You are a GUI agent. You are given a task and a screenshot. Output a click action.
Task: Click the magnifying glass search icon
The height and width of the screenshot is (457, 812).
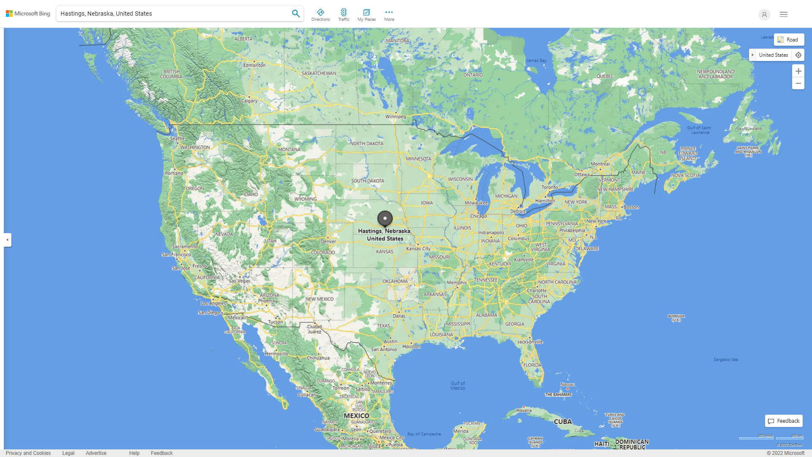(296, 14)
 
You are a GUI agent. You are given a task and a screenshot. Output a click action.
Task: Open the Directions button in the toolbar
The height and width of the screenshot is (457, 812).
(321, 15)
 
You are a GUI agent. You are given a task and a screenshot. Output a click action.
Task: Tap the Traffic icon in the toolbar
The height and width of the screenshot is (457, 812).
(344, 15)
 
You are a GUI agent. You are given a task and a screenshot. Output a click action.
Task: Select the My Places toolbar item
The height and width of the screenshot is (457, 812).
(366, 15)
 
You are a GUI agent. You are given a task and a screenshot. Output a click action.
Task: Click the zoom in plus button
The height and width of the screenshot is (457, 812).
(798, 71)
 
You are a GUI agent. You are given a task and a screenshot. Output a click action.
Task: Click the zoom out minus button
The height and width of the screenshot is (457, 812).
(798, 83)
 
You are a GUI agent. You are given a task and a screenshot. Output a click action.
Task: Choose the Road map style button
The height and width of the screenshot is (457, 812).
(789, 39)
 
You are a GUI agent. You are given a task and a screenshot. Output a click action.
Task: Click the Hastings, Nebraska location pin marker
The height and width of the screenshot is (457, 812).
(385, 218)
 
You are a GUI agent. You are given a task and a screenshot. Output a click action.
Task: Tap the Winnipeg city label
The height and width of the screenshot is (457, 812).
(395, 116)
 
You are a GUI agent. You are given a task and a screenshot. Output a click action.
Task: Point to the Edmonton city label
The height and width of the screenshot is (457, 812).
(254, 65)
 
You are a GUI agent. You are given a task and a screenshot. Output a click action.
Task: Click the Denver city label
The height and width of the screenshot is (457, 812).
(328, 241)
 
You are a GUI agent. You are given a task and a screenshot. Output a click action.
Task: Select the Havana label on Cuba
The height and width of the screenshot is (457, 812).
(524, 410)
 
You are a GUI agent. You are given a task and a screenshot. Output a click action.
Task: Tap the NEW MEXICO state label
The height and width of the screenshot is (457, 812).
(319, 299)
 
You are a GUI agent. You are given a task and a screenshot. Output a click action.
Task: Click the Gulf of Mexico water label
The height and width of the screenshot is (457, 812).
(458, 385)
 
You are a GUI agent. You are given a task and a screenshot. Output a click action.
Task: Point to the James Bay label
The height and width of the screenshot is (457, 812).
(536, 61)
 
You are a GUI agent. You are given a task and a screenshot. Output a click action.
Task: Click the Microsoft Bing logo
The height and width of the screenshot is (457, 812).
(28, 14)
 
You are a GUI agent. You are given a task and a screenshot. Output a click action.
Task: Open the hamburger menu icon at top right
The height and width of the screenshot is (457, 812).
(784, 14)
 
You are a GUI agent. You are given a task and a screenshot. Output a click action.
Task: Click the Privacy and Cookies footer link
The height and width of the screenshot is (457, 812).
(28, 453)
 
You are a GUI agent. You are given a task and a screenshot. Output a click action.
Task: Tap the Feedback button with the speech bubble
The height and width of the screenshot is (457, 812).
(784, 421)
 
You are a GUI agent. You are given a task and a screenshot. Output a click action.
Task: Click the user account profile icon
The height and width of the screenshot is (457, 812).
(764, 14)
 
